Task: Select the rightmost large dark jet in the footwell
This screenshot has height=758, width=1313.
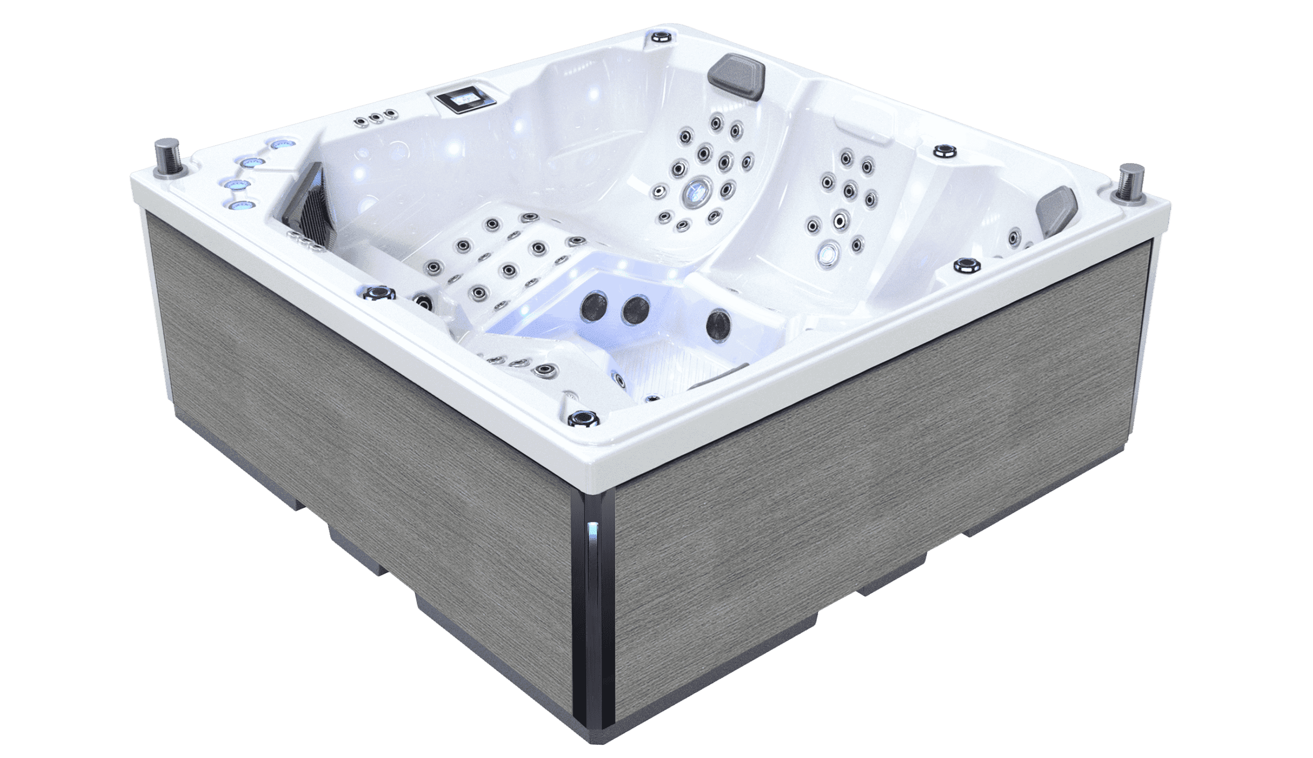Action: point(719,323)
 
